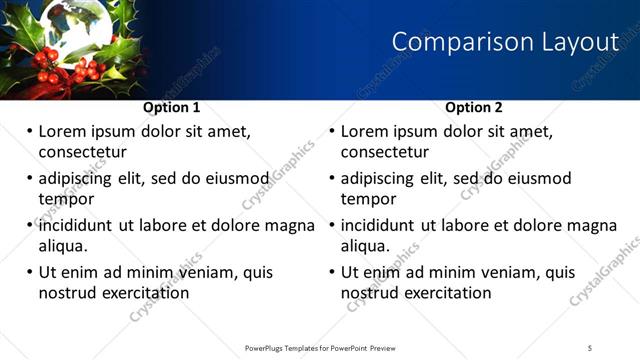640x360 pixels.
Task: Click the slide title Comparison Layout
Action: (505, 42)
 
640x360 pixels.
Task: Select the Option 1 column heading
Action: (172, 107)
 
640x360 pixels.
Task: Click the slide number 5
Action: (590, 347)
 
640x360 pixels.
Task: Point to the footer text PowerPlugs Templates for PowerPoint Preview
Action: (320, 347)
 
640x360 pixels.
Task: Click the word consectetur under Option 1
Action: (82, 152)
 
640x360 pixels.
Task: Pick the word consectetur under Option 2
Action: (385, 152)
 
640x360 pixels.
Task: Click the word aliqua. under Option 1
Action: (64, 246)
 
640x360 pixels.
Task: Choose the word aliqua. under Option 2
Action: (367, 246)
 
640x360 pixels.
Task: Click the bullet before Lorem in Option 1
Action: (30, 132)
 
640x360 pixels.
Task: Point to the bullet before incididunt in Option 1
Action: (30, 226)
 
